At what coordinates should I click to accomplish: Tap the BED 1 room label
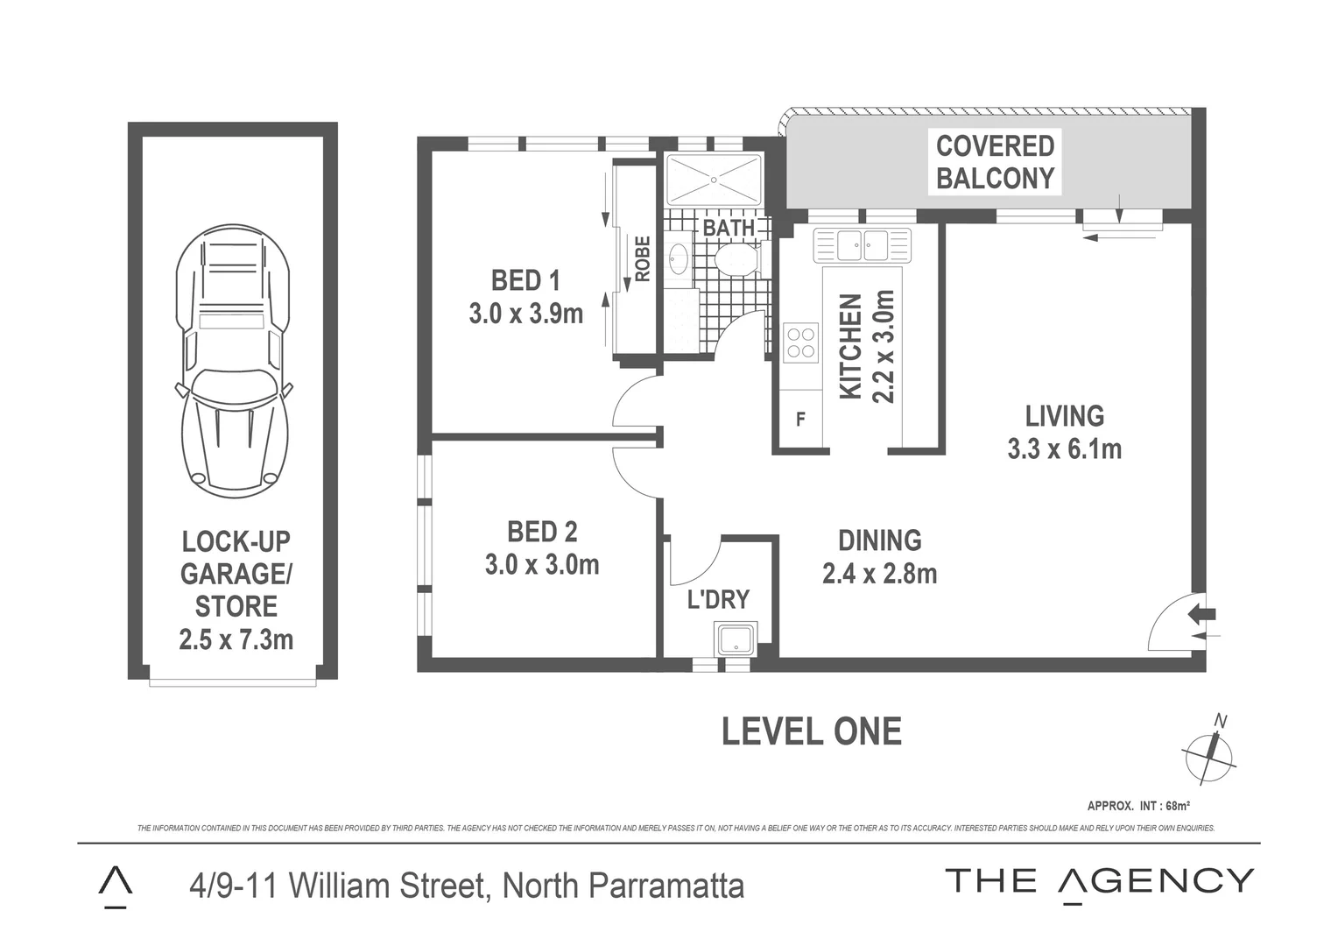525,280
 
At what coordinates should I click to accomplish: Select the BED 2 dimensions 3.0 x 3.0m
542,565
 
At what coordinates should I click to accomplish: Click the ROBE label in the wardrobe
642,258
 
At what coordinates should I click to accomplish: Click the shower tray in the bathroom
714,180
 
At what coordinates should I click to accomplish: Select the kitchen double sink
862,245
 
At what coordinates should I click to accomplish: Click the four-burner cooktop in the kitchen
800,342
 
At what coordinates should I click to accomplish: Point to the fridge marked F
799,420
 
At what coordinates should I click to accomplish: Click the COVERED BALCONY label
995,162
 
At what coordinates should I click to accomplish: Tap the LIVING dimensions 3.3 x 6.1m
1064,449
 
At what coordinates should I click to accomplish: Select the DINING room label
879,540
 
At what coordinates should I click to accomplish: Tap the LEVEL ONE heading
811,731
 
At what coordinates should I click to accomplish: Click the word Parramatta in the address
665,886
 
